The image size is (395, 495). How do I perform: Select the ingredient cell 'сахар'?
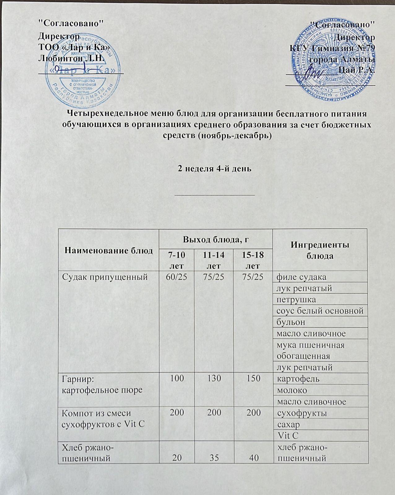[288, 424]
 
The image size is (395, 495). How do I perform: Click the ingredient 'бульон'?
[291, 322]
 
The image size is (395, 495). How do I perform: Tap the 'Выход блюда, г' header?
[216, 239]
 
